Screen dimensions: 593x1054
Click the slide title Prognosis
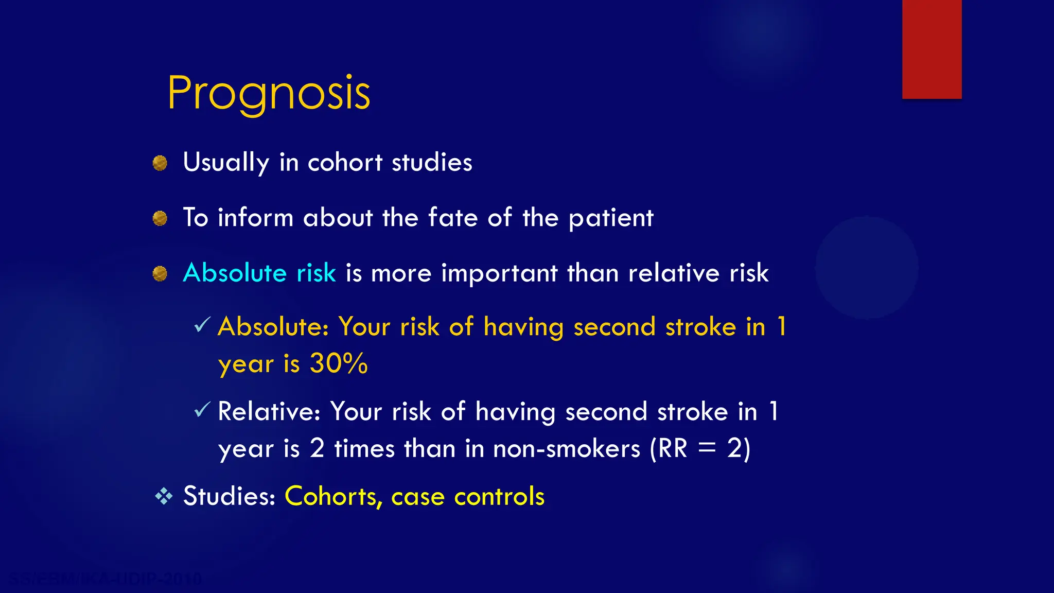[x=269, y=94]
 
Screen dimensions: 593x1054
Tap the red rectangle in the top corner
[x=932, y=49]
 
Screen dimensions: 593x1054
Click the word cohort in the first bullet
[x=345, y=163]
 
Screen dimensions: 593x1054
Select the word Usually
[x=226, y=163]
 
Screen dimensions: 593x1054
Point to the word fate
[x=453, y=217]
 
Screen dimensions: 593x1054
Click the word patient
[x=611, y=218]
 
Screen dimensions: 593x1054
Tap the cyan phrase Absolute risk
[x=259, y=272]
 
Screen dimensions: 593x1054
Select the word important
[x=499, y=273]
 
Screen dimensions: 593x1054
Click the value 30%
[x=339, y=363]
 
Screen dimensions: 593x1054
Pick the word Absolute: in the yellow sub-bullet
[x=273, y=326]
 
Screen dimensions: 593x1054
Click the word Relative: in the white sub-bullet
[x=269, y=411]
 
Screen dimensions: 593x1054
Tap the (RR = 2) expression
[x=700, y=448]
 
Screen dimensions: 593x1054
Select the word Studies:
[x=230, y=496]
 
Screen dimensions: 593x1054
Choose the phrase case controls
[x=467, y=497]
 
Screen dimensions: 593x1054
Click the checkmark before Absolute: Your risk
[x=202, y=325]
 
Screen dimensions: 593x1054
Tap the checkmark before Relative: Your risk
[x=202, y=410]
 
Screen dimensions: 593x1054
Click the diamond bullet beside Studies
[x=164, y=496]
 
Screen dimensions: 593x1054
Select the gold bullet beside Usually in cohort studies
[x=160, y=163]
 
